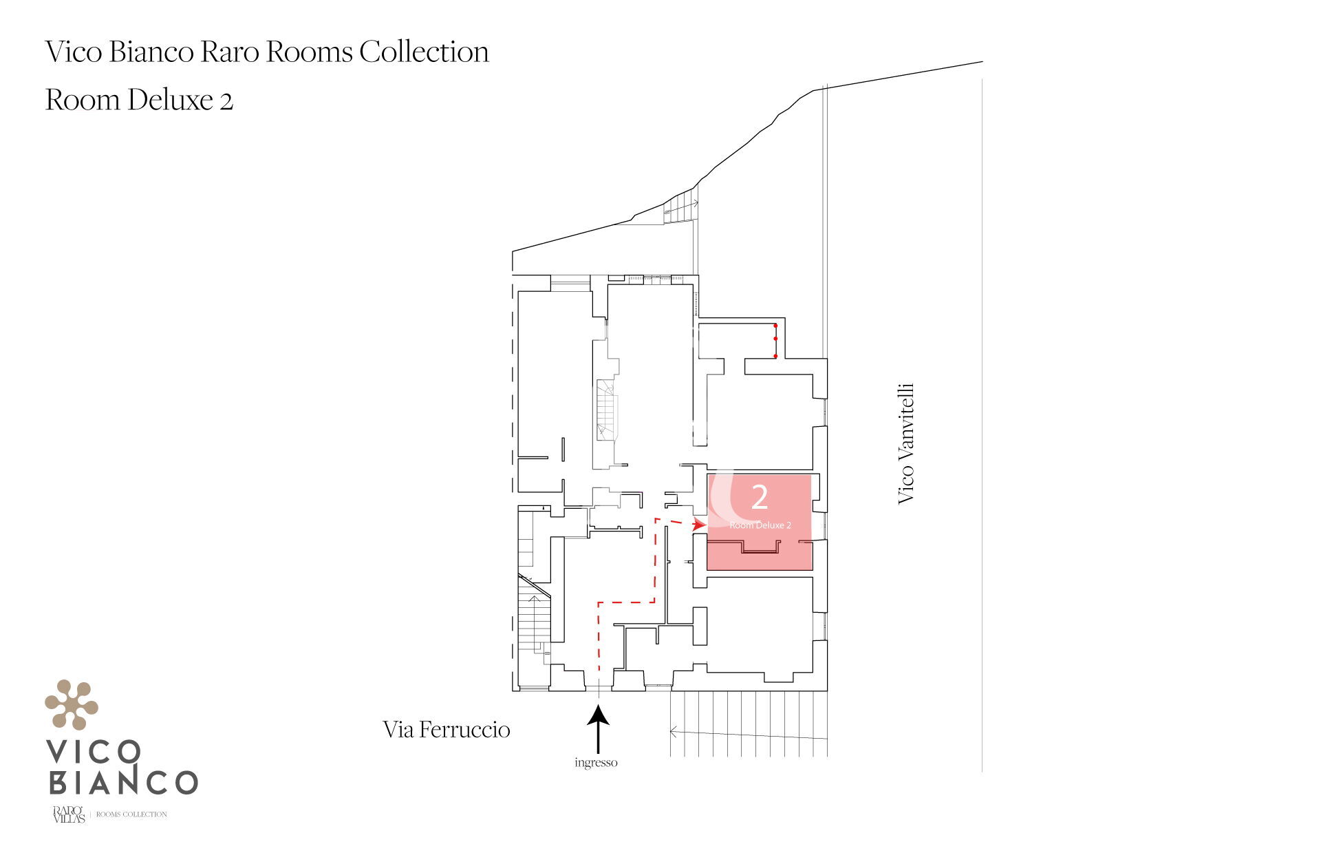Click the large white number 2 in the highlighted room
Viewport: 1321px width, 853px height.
pos(760,496)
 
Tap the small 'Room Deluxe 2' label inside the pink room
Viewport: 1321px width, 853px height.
pos(760,525)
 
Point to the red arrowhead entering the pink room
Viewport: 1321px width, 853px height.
pos(700,524)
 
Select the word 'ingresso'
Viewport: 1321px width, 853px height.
pos(596,763)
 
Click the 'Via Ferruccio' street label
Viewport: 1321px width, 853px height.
pos(447,730)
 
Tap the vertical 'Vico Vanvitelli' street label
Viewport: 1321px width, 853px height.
pos(905,444)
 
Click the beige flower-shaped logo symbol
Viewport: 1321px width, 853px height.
pos(72,704)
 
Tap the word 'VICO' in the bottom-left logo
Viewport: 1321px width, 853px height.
pos(94,752)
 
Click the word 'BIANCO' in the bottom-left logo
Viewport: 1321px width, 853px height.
pos(123,782)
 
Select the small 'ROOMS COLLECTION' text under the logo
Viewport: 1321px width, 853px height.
pos(131,814)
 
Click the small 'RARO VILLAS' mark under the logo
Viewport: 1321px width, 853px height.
pos(69,814)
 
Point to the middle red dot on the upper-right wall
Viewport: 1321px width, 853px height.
pos(775,339)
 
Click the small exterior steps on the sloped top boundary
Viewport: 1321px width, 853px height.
pos(681,206)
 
